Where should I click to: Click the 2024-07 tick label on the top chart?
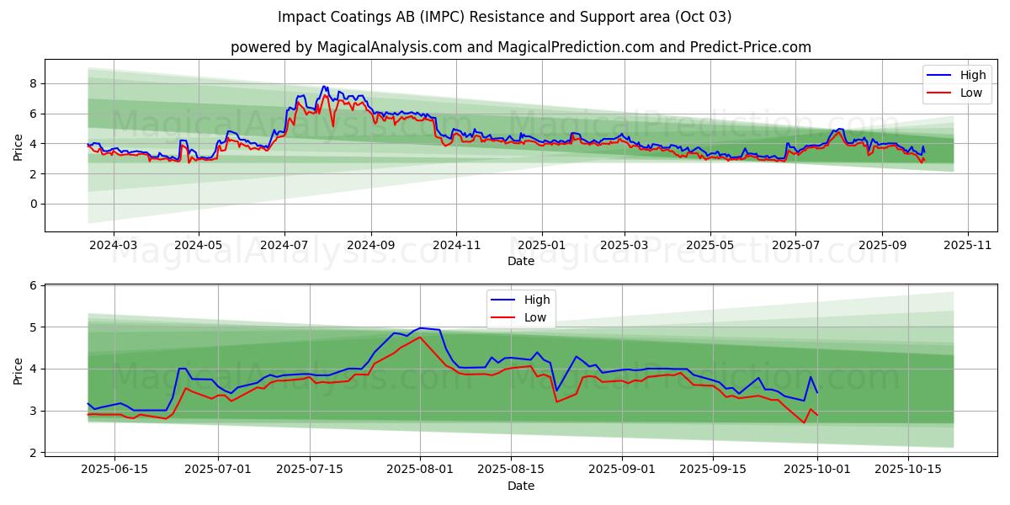284,245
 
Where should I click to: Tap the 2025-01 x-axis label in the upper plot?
541,245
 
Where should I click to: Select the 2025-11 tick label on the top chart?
968,245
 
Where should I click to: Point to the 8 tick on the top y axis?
33,83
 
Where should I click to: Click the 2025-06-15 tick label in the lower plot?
114,469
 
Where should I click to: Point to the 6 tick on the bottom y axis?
33,285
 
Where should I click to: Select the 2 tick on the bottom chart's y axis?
33,453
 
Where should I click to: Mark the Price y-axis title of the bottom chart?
18,369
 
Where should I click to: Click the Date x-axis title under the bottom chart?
520,486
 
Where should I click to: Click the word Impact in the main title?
300,17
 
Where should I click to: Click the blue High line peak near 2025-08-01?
420,328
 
